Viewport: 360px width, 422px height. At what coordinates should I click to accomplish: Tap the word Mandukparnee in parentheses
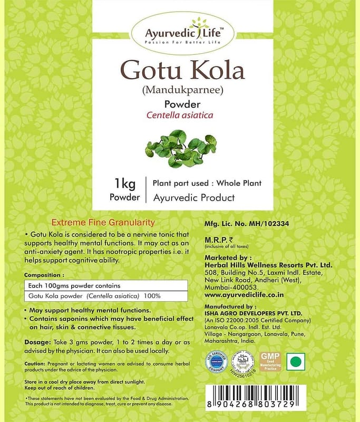pyautogui.click(x=180, y=90)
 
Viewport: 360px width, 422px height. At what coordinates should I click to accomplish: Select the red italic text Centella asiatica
pyautogui.click(x=180, y=115)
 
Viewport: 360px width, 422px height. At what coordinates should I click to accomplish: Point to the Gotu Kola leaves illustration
pyautogui.click(x=179, y=149)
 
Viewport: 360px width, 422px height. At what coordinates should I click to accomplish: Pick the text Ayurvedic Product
pyautogui.click(x=193, y=198)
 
